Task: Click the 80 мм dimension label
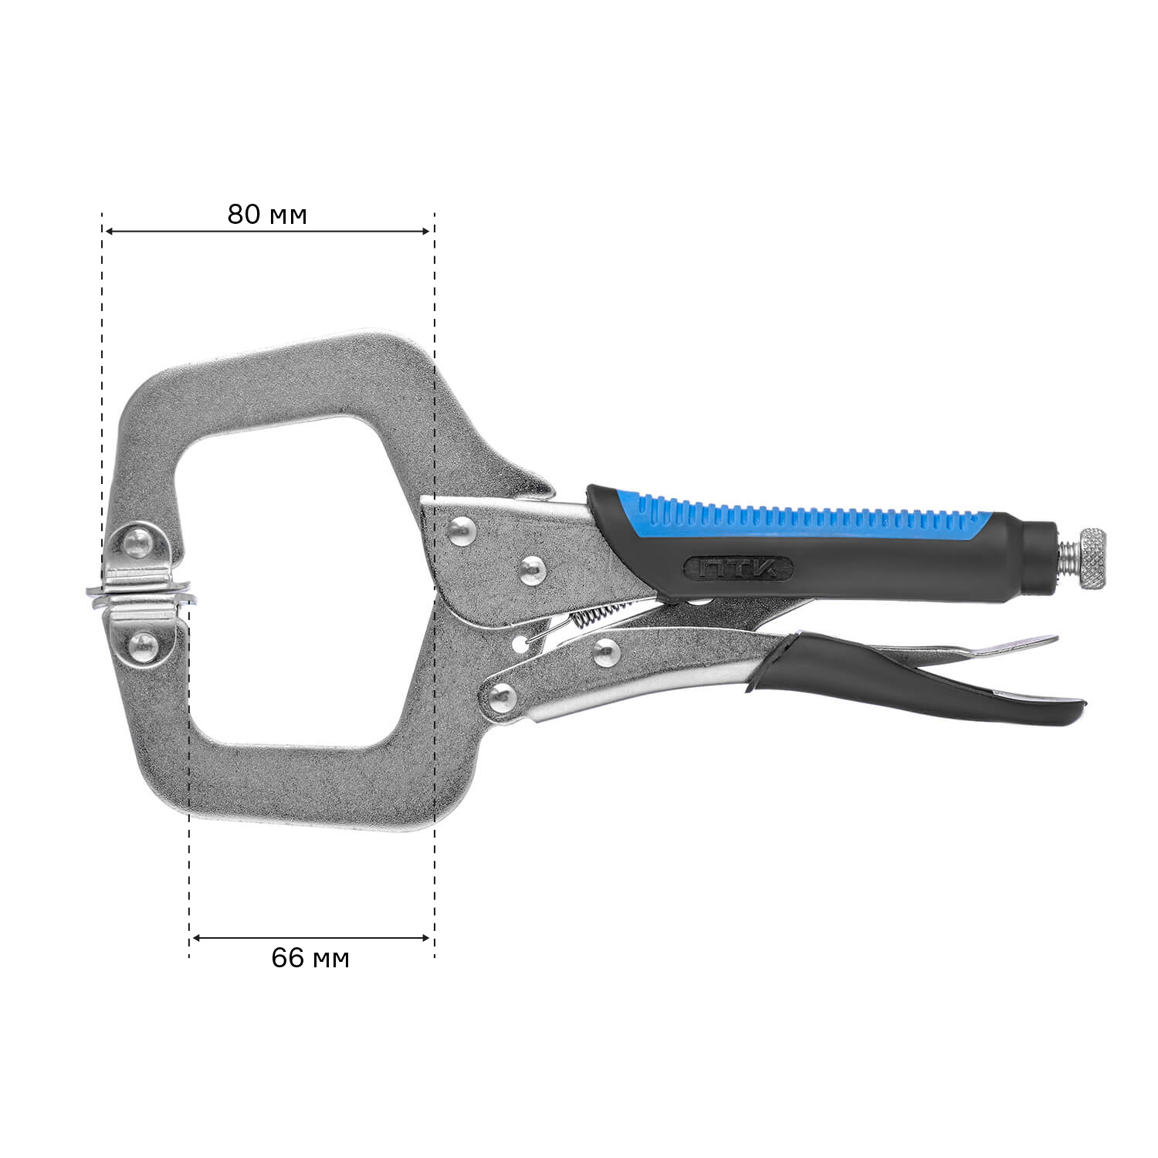[267, 214]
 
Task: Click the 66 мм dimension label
[310, 958]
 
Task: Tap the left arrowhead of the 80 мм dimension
[110, 231]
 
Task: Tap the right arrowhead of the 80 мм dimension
[424, 231]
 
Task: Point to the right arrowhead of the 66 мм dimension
[424, 938]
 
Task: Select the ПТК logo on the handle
[738, 569]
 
